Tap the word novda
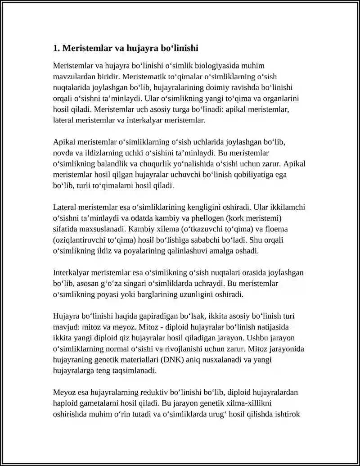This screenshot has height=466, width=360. click(x=63, y=153)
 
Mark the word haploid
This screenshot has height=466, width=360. click(x=66, y=403)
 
